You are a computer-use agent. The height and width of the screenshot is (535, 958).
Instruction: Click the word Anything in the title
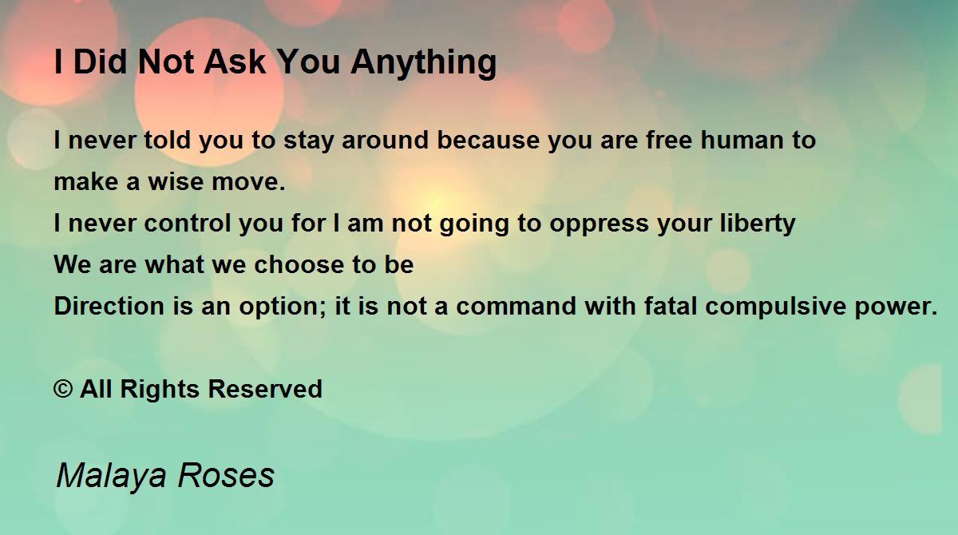coord(423,63)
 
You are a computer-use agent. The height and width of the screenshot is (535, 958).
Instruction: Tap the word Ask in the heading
coord(235,62)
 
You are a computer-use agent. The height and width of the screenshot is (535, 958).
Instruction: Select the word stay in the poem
coord(308,141)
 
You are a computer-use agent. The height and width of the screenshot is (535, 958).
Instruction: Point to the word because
coord(488,140)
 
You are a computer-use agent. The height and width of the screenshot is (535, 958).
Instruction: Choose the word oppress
coord(600,225)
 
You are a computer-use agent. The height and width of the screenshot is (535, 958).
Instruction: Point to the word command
coord(517,306)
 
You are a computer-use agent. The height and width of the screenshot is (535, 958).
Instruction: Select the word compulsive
coord(775,307)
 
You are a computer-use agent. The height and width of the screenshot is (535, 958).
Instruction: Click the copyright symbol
coord(63,390)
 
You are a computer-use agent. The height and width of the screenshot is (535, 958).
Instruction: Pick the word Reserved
coord(265,389)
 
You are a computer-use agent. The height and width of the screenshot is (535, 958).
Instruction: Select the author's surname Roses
coord(226,475)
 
